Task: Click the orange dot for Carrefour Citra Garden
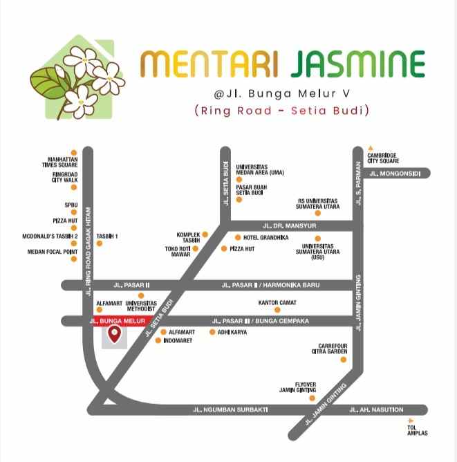(344, 360)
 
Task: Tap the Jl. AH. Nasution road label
(377, 410)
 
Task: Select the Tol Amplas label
(418, 431)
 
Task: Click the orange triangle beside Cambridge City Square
(370, 148)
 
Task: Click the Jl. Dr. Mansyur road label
(290, 225)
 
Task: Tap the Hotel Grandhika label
(265, 237)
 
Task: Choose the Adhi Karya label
(232, 332)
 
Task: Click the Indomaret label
(178, 341)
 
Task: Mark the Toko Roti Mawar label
(177, 252)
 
